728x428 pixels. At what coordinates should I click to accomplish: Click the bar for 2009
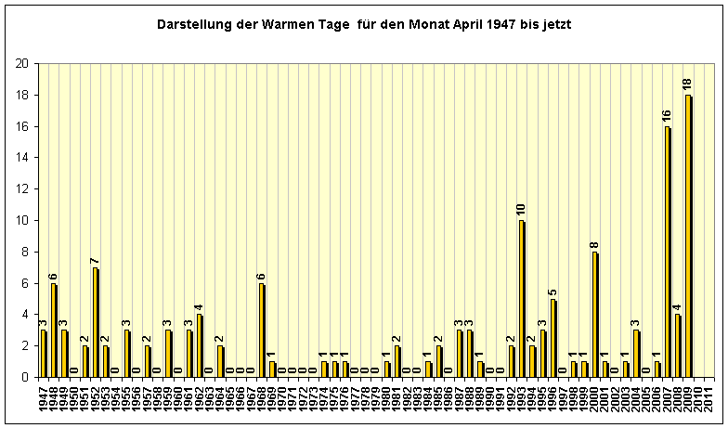click(688, 236)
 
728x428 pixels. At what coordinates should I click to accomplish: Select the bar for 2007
click(667, 252)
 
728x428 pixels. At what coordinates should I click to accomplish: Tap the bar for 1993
click(522, 298)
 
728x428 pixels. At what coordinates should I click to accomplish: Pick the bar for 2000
click(594, 314)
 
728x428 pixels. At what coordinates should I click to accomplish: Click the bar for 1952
click(95, 322)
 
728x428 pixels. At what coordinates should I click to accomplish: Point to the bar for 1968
click(261, 330)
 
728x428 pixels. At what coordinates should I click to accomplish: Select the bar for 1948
click(53, 330)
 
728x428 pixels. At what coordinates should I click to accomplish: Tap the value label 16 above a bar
click(667, 116)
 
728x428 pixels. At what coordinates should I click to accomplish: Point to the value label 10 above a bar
click(522, 210)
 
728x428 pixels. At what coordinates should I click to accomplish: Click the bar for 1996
click(553, 338)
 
